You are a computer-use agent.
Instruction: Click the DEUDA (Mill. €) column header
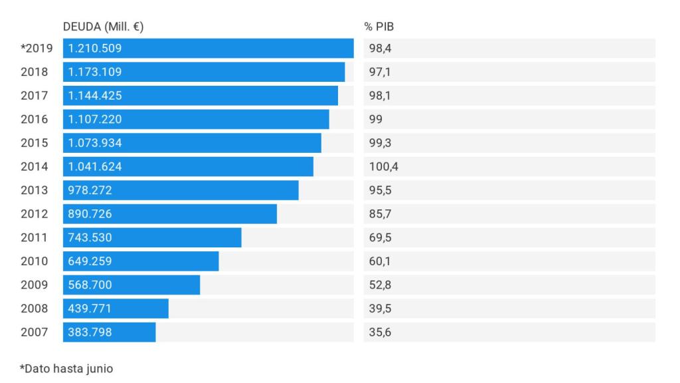point(104,27)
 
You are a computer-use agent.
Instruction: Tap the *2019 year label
point(37,49)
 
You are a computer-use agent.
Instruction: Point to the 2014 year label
point(35,166)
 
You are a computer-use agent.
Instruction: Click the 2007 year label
point(35,332)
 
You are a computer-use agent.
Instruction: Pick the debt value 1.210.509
point(95,49)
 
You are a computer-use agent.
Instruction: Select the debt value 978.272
point(90,190)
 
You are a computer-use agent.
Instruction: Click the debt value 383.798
point(90,332)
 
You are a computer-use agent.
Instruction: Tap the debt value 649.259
point(90,261)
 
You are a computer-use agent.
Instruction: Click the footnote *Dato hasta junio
point(62,367)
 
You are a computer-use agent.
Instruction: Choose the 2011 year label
point(35,237)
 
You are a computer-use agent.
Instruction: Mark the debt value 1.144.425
point(95,96)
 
